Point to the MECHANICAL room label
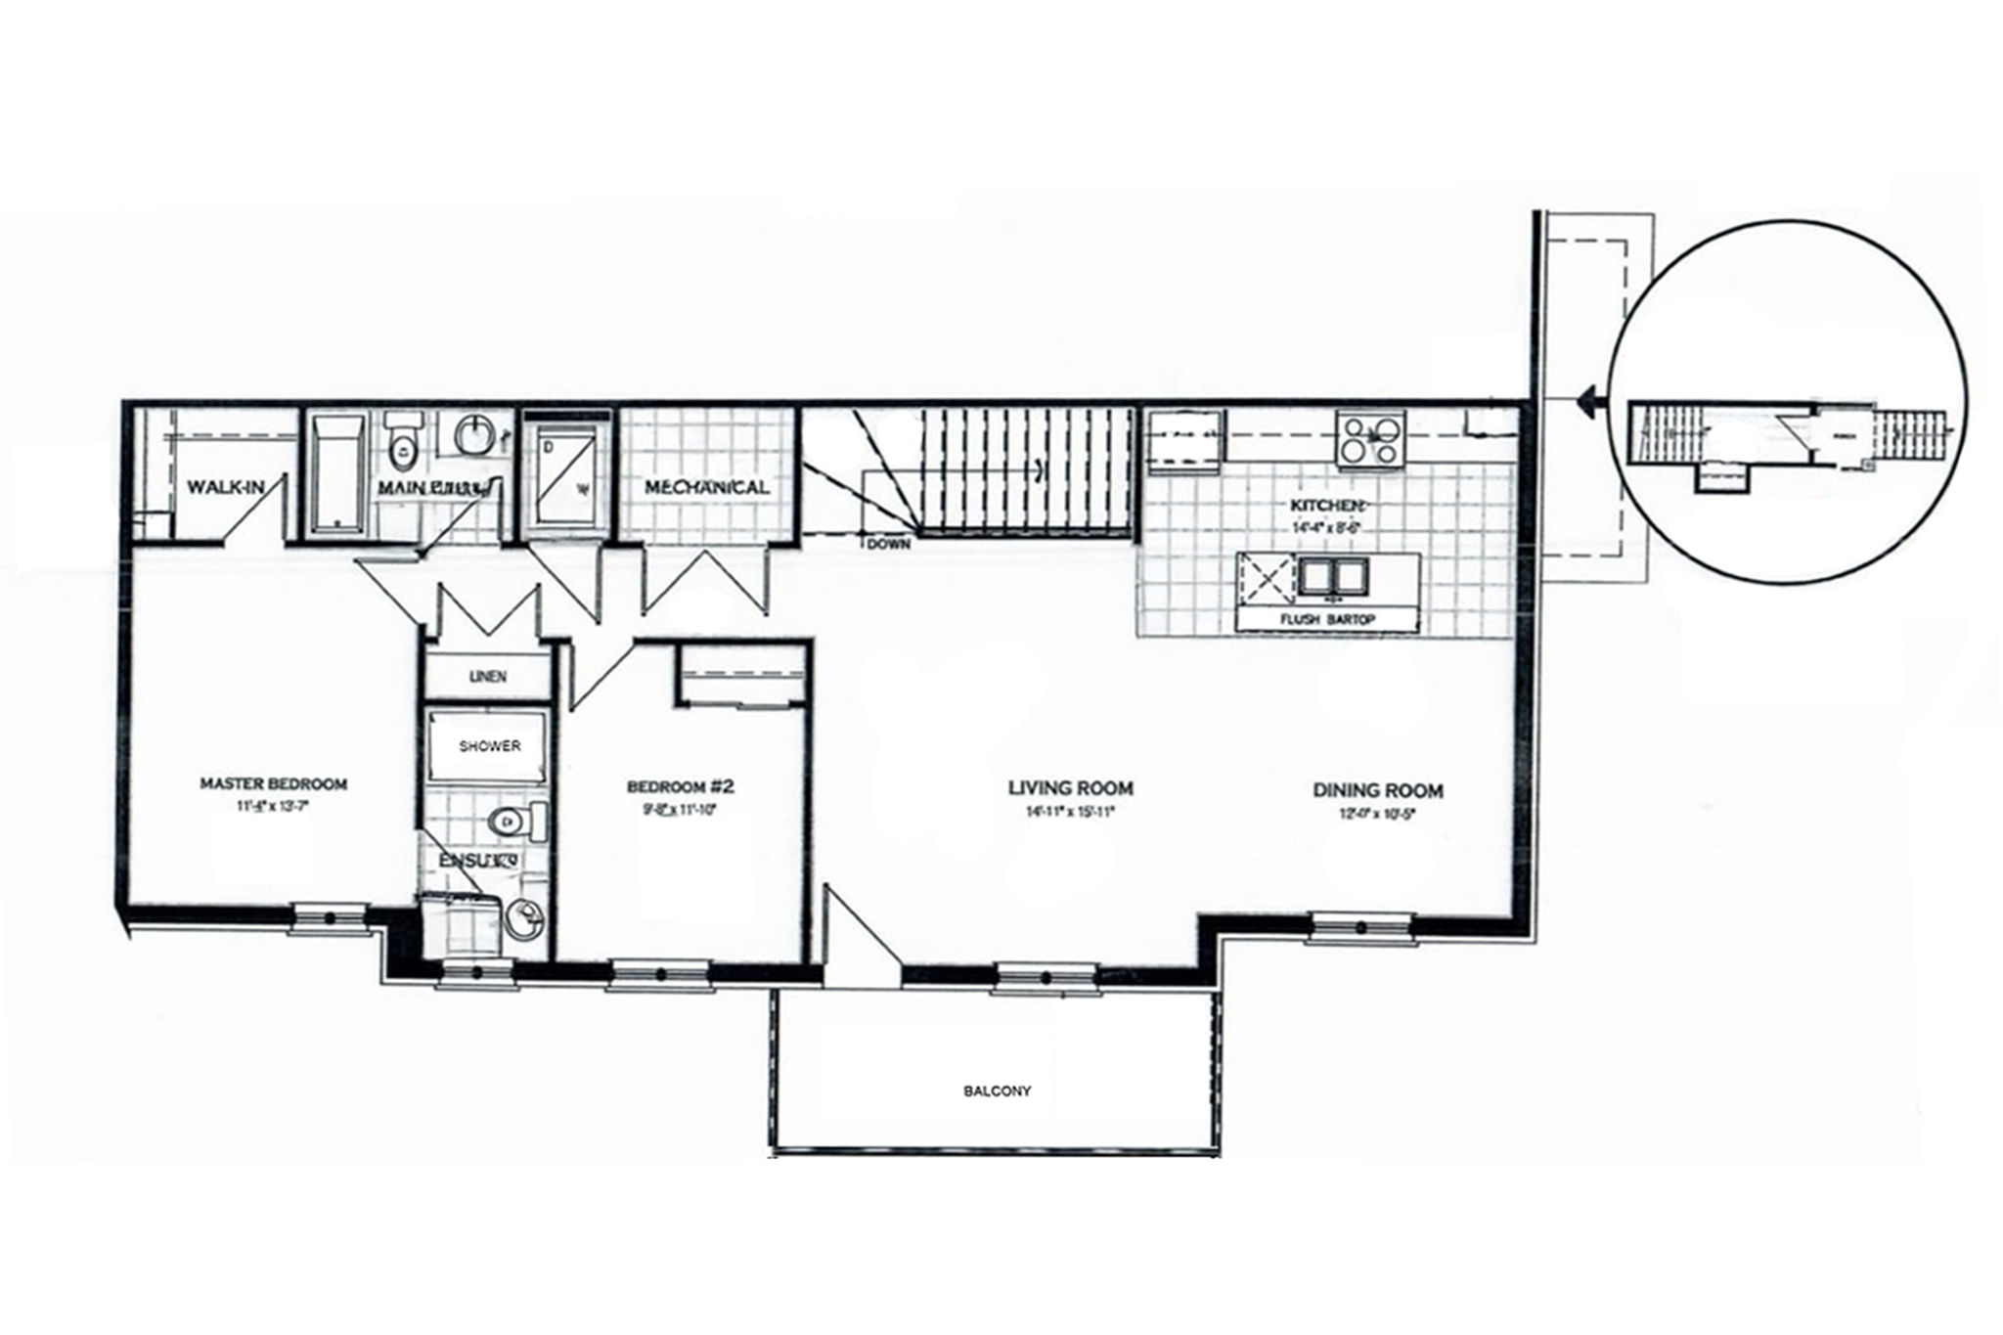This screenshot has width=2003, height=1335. tap(706, 487)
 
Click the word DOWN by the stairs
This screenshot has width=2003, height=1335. tap(889, 545)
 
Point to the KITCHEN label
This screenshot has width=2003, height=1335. tap(1326, 505)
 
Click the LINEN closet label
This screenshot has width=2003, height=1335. tap(487, 677)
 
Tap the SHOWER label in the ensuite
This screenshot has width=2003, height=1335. tap(490, 745)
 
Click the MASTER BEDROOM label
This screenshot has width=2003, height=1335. tap(273, 783)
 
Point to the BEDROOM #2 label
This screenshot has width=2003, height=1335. tap(680, 786)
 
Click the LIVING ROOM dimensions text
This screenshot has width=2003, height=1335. tap(1071, 812)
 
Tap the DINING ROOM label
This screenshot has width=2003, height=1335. tap(1378, 790)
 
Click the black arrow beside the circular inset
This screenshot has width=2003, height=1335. tap(1588, 397)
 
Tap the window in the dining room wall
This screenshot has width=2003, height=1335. tap(1362, 926)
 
